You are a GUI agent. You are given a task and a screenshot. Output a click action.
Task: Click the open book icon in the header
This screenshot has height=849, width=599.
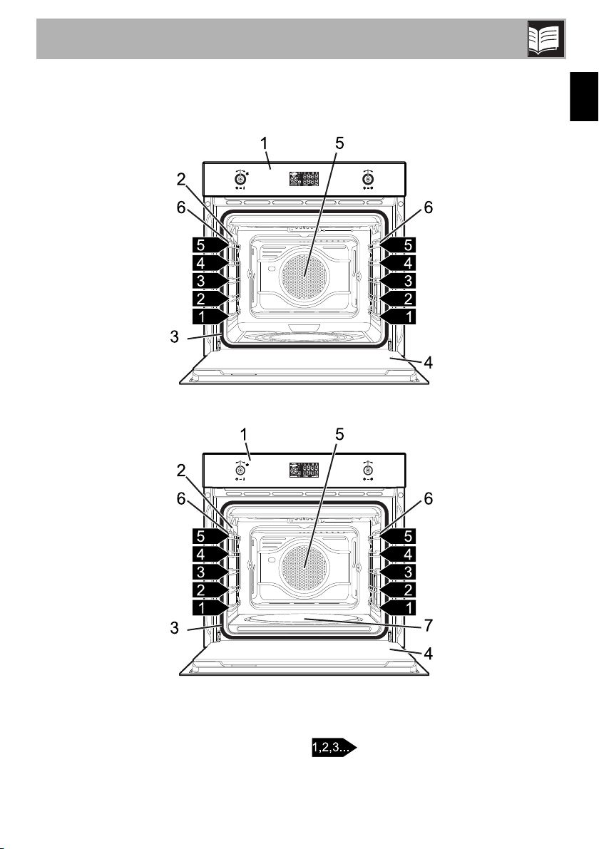point(546,39)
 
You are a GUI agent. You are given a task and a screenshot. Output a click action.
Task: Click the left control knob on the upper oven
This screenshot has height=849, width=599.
point(240,178)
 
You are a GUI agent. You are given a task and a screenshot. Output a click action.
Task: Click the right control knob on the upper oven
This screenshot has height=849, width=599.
point(368,178)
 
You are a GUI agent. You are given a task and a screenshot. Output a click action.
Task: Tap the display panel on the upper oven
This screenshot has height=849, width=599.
point(304,179)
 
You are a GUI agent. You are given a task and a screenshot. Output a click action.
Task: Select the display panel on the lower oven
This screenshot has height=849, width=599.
point(304,470)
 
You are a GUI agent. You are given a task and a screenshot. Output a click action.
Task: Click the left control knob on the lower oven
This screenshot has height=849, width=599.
point(240,470)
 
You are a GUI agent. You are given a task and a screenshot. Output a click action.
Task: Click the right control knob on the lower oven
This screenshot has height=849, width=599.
point(368,470)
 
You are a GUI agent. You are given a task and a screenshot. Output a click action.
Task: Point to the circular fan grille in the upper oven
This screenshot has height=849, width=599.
point(303,274)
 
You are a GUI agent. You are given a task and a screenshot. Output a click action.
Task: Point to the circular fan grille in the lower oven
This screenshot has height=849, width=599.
point(303,566)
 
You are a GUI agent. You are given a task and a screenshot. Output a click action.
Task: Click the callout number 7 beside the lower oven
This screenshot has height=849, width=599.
point(428,625)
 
